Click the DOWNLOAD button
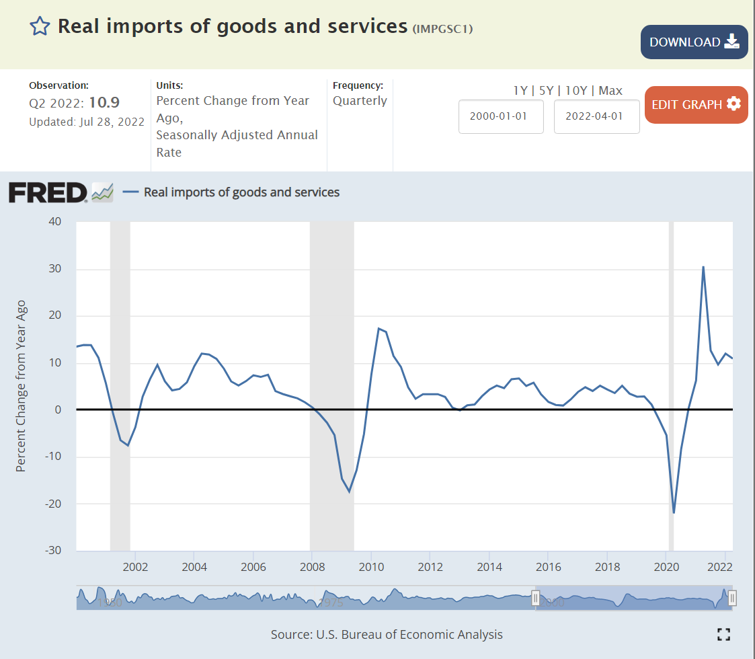(694, 42)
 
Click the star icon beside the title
(40, 26)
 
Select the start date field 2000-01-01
(500, 116)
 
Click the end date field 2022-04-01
(596, 116)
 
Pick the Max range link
(610, 90)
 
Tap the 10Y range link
(575, 90)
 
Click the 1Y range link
(520, 90)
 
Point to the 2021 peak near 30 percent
(703, 267)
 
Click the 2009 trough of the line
(349, 492)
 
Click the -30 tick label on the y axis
(54, 550)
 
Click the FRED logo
(47, 192)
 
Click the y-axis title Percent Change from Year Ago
(21, 386)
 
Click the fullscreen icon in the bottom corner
(723, 634)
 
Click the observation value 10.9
(106, 102)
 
